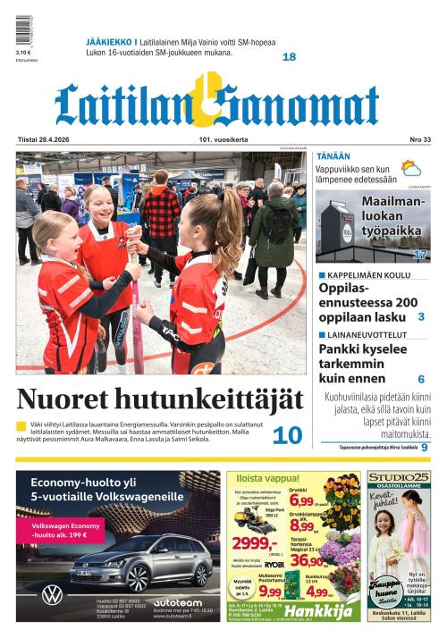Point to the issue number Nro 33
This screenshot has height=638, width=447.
(419, 139)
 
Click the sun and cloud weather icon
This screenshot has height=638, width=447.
(411, 170)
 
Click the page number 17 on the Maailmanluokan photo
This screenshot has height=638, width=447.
(419, 255)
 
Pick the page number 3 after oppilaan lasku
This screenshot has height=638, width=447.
(420, 316)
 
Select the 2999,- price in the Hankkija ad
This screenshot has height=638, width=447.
(254, 544)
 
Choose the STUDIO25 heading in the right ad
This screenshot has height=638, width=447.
(398, 478)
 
